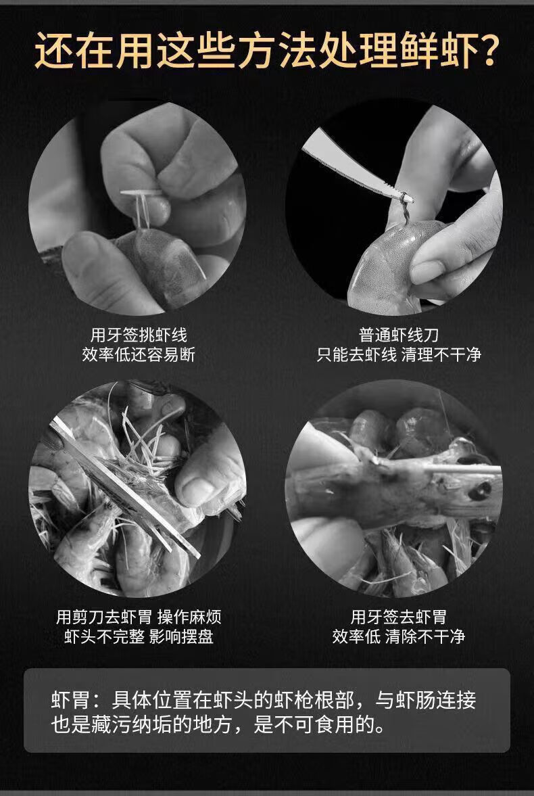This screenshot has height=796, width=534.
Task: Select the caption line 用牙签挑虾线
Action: [139, 335]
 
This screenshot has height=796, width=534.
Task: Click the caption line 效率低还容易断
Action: [139, 354]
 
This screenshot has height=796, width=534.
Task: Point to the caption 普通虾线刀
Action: [398, 335]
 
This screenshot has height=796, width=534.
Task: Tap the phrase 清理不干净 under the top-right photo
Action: [441, 354]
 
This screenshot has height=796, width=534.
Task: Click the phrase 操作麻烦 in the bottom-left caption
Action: [189, 617]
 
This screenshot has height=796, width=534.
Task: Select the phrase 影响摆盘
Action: [182, 636]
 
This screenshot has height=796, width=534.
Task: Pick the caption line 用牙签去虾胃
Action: [398, 617]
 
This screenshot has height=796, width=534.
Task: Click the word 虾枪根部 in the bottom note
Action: [314, 700]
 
